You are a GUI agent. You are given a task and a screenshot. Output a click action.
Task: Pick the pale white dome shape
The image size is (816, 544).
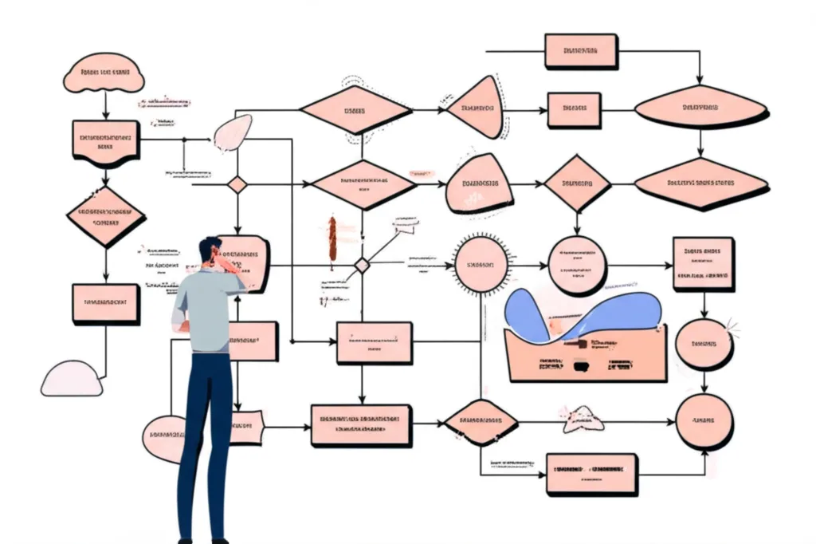(73, 379)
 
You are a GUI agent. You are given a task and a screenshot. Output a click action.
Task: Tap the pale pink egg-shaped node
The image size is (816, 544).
(233, 132)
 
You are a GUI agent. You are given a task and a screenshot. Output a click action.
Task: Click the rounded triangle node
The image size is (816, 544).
(477, 108)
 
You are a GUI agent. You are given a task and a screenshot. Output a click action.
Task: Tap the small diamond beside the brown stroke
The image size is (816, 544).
(362, 266)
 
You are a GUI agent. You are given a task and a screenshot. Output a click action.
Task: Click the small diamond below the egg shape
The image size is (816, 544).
(237, 184)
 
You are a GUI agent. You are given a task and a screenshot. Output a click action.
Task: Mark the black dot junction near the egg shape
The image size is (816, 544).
(184, 140)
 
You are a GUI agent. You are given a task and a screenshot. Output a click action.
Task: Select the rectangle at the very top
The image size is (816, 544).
(580, 52)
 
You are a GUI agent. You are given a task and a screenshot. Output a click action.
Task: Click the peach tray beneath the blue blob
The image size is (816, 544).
(586, 355)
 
